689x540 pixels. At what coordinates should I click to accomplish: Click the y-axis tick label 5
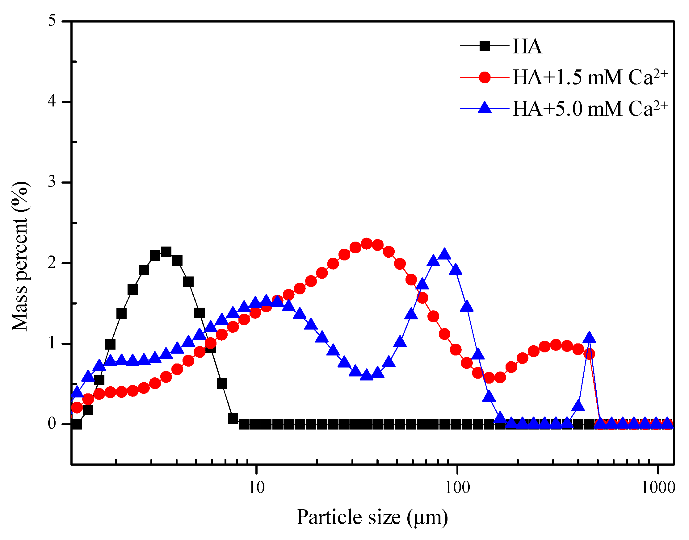tap(52, 21)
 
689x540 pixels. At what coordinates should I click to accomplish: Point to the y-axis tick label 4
tap(52, 102)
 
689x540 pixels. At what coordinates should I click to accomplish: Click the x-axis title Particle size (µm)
tap(372, 517)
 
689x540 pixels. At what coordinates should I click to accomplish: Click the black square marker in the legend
tap(485, 46)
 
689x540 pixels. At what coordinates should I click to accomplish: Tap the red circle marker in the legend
tap(485, 77)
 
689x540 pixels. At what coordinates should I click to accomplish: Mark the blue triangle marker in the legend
tap(485, 108)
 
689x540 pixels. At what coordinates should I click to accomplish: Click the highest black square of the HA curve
tap(166, 252)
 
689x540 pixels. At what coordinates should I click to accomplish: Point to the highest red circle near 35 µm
tap(366, 244)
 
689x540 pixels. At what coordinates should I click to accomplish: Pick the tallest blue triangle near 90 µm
tap(445, 254)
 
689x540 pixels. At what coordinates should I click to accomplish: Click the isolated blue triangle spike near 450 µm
tap(589, 337)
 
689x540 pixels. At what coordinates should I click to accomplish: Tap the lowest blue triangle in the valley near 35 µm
tap(367, 374)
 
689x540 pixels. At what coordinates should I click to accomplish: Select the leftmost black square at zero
tap(77, 424)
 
